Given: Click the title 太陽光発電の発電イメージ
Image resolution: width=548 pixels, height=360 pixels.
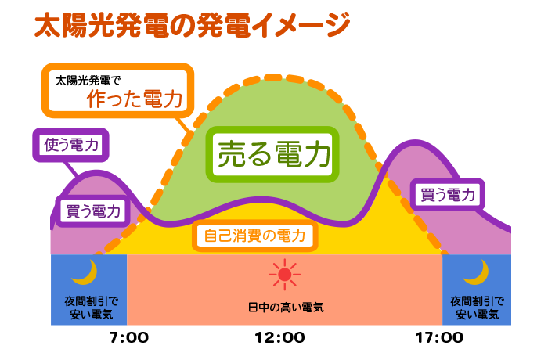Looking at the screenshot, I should [x=191, y=25].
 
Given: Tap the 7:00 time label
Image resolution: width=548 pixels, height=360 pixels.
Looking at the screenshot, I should [x=129, y=338].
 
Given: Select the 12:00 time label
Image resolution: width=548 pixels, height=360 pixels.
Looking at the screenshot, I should [x=279, y=338].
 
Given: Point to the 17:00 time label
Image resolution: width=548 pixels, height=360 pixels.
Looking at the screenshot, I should [x=439, y=338].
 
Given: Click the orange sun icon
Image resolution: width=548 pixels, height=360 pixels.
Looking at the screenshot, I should [x=284, y=275].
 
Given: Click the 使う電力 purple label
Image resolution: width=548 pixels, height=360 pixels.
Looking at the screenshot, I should [x=70, y=143].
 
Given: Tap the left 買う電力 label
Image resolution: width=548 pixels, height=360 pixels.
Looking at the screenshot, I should [x=92, y=210].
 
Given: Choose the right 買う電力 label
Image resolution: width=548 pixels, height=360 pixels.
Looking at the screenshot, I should [x=448, y=195].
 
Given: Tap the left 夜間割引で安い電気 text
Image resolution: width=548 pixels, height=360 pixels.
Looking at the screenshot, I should [x=88, y=307].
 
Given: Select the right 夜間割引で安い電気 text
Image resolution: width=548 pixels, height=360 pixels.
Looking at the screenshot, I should [x=477, y=307].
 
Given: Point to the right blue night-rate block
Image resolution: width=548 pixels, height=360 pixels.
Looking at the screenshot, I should [x=477, y=289].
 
